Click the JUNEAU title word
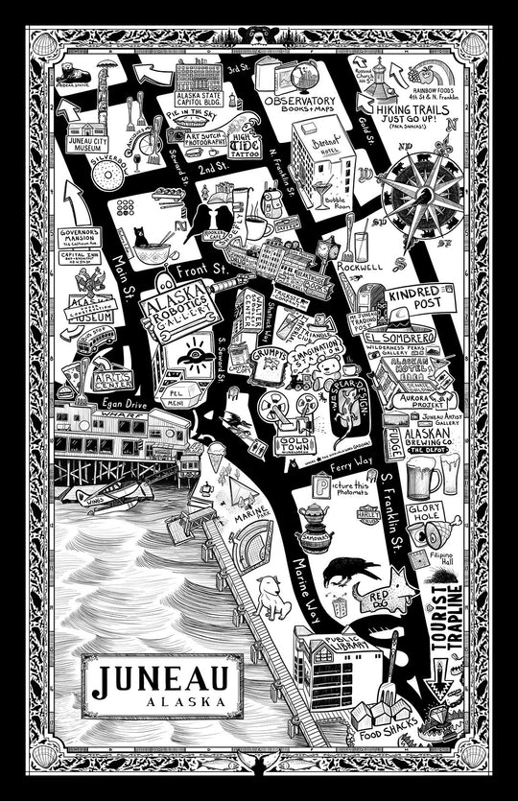pyautogui.click(x=160, y=679)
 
